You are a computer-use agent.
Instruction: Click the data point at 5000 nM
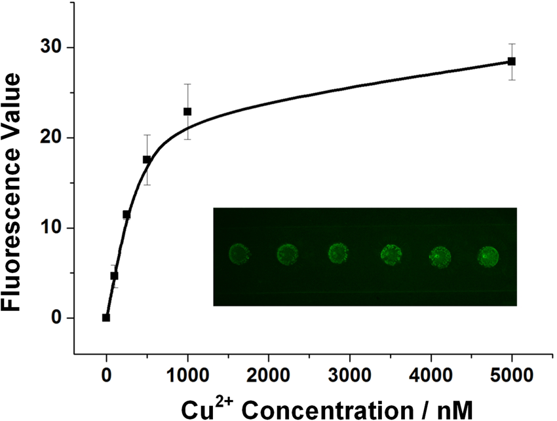(x=512, y=61)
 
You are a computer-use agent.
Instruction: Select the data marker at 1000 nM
(x=187, y=111)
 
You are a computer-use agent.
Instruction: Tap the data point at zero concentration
(x=106, y=318)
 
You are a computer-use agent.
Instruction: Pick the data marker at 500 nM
(x=147, y=159)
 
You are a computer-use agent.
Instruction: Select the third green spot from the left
(x=338, y=253)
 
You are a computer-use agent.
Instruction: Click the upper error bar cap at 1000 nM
(x=187, y=84)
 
